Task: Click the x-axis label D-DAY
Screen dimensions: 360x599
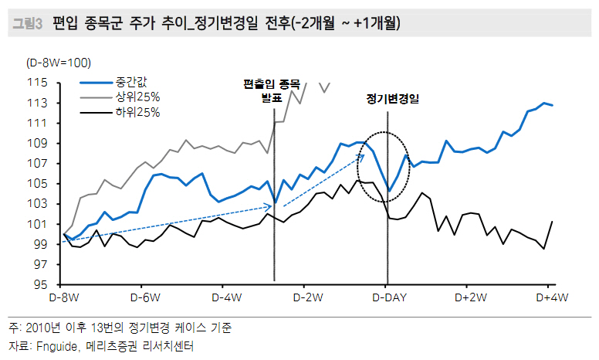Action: (x=387, y=297)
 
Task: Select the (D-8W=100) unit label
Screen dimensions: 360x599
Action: (x=59, y=62)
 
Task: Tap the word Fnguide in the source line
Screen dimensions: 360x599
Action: (x=58, y=347)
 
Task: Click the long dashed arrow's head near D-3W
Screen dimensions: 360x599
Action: (x=270, y=204)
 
